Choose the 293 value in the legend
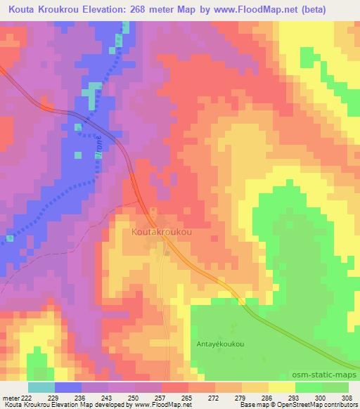click(295, 398)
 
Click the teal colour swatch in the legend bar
click(41, 387)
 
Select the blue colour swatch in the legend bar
click(67, 387)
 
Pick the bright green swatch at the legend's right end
click(335, 387)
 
